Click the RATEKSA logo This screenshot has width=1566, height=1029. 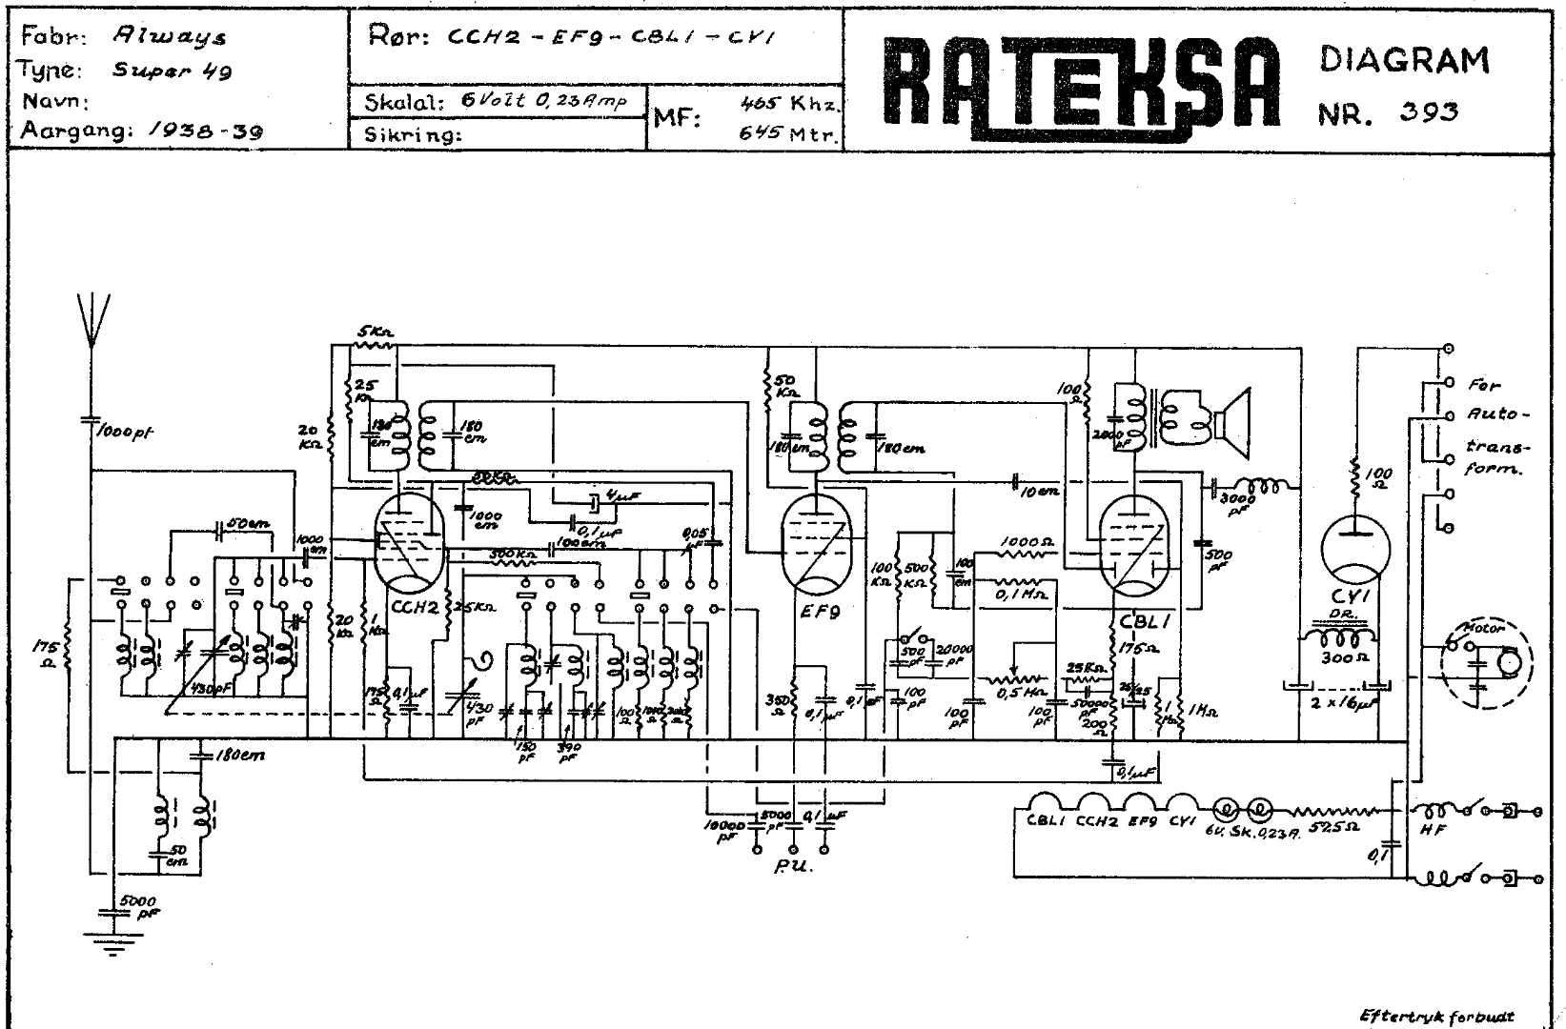coord(1078,85)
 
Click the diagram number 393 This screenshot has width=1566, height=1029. coord(1430,113)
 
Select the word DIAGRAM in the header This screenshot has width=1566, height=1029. coord(1404,60)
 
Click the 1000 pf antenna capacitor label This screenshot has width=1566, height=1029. coord(127,432)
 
